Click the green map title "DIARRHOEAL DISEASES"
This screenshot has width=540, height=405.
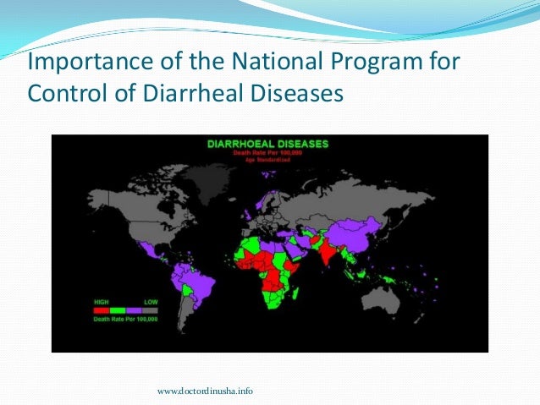click(x=269, y=144)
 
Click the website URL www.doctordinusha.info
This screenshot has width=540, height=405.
click(x=206, y=391)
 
